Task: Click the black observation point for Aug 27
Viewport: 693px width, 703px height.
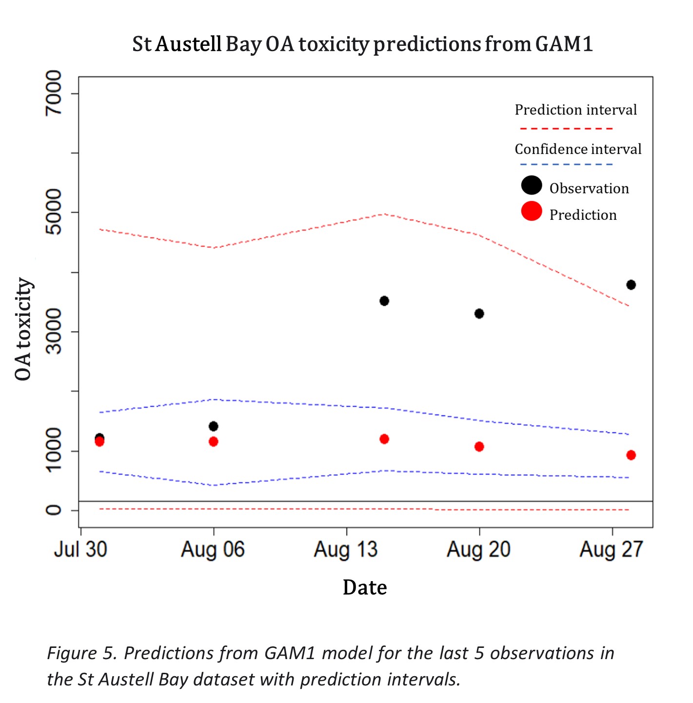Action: (631, 285)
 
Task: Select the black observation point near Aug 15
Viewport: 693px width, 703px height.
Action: (384, 301)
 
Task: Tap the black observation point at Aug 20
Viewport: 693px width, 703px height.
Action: (479, 313)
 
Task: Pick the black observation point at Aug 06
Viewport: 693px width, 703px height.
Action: (213, 426)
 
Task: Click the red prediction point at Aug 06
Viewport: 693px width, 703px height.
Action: (213, 442)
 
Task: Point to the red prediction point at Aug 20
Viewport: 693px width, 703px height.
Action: (479, 447)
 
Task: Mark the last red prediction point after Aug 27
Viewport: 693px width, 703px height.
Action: (631, 455)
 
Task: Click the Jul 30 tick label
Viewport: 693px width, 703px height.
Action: (80, 550)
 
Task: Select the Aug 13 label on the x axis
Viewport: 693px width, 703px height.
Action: (346, 550)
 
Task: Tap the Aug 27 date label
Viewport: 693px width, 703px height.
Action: (612, 550)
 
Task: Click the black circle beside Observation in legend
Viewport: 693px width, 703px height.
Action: (532, 185)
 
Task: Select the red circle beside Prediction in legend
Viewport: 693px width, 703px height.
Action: (532, 211)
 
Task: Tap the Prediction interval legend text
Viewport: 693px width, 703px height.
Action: (575, 110)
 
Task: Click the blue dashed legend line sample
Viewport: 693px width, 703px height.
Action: (566, 164)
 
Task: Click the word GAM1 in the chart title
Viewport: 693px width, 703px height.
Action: (564, 44)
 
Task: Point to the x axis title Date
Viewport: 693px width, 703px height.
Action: (365, 587)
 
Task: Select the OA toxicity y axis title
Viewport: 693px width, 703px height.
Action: (23, 329)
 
